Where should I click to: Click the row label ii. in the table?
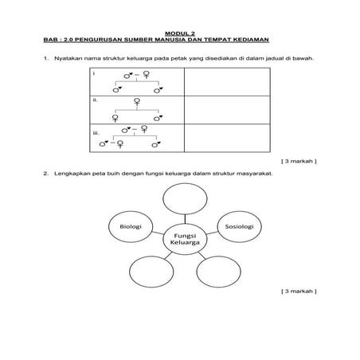pos(95,101)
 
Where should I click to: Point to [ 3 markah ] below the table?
pos(299,160)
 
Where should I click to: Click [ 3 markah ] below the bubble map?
pos(299,292)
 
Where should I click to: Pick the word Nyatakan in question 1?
pos(67,58)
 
